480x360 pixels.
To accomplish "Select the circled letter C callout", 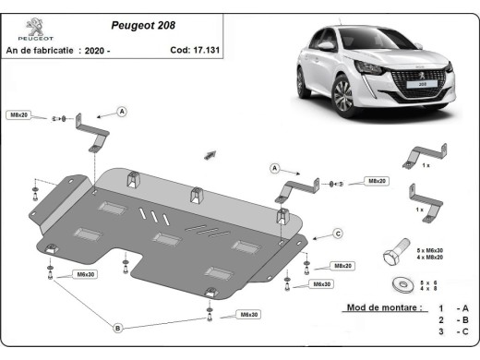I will point(338,233).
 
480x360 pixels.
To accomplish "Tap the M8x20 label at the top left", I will point(19,114).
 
